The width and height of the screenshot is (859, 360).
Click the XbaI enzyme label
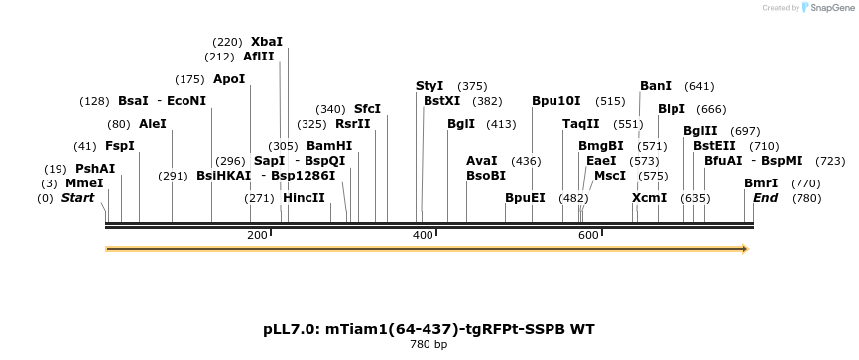tap(266, 42)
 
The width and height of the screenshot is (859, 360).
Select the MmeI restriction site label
tap(84, 183)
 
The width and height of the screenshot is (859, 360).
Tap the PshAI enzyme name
tap(95, 169)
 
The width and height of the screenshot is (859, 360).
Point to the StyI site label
tap(429, 86)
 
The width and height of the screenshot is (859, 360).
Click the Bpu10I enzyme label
tap(555, 101)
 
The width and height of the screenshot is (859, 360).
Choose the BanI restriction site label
tap(656, 86)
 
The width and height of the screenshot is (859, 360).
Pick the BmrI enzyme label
tap(761, 183)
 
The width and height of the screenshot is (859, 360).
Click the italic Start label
tap(77, 198)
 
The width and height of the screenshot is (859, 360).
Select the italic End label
tap(765, 198)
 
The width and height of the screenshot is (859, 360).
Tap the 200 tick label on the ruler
tap(257, 235)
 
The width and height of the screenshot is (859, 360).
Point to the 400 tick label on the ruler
tap(423, 235)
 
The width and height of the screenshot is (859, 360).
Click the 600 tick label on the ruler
tap(588, 235)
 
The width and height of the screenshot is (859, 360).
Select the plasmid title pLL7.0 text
tap(429, 328)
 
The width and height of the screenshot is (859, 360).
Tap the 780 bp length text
tap(429, 345)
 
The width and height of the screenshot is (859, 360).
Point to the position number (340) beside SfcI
tap(331, 109)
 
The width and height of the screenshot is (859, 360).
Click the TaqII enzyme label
tap(580, 124)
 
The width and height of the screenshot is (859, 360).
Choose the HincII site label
tap(304, 198)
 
